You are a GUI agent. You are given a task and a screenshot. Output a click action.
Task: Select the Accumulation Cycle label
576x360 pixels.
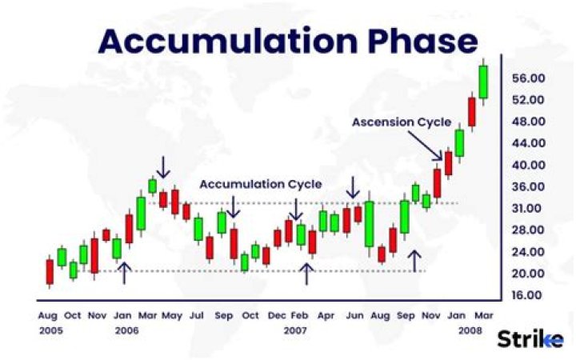(261, 184)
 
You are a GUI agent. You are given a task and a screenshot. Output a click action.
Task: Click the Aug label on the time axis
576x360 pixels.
(47, 315)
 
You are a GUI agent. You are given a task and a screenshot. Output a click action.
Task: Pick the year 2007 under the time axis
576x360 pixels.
(296, 330)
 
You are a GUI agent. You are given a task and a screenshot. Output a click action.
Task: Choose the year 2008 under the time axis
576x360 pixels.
(470, 330)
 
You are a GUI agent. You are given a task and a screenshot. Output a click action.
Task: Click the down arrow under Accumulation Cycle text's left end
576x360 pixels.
(233, 207)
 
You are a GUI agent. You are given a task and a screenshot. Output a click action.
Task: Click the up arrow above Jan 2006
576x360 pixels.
(124, 273)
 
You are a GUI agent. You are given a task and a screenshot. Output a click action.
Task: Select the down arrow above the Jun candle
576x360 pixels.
(353, 189)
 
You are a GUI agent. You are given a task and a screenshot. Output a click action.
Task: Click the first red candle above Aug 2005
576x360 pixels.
(50, 271)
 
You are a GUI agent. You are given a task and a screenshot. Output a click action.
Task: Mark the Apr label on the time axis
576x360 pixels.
(326, 315)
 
